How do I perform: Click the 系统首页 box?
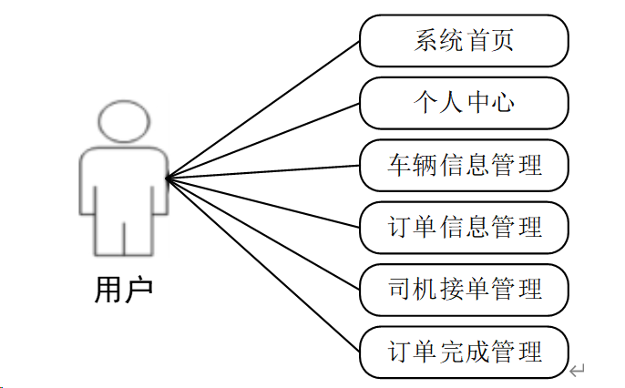(464, 41)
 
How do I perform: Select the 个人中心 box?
(464, 103)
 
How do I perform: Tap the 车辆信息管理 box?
(464, 166)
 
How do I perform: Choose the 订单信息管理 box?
(464, 227)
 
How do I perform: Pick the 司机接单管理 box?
(464, 290)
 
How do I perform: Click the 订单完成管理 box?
(464, 351)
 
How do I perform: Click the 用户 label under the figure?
(123, 290)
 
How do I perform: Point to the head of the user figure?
(122, 121)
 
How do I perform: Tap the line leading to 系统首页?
(263, 109)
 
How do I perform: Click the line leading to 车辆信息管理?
(263, 171)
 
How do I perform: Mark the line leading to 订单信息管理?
(263, 201)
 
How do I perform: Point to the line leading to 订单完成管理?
(263, 265)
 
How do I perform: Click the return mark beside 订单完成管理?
(577, 370)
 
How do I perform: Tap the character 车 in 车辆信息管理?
(397, 166)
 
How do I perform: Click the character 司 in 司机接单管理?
(397, 290)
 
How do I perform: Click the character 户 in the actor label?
(138, 290)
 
